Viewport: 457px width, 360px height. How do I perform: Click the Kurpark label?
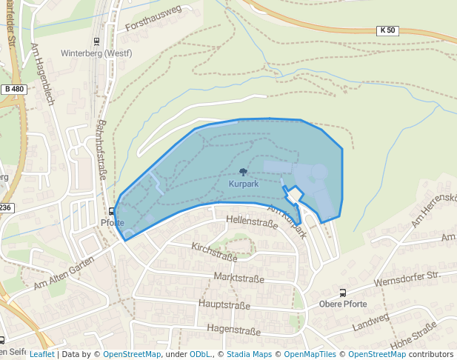[x=243, y=183]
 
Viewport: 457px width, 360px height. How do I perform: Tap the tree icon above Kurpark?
[x=243, y=172]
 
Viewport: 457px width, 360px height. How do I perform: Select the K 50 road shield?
[x=387, y=30]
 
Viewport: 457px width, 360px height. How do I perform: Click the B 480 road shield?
[x=14, y=89]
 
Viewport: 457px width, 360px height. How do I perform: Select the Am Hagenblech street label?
[x=43, y=72]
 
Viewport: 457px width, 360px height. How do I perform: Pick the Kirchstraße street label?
[x=213, y=252]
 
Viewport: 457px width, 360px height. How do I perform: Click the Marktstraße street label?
[x=238, y=278]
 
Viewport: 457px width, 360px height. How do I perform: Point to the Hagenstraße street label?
[x=233, y=328]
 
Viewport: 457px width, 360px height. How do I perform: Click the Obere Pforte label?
[x=343, y=304]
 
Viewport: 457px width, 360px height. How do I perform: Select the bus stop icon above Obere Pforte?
[x=342, y=292]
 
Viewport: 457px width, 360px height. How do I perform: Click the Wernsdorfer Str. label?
[x=407, y=281]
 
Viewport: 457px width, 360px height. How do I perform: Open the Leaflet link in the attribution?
[x=41, y=354]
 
